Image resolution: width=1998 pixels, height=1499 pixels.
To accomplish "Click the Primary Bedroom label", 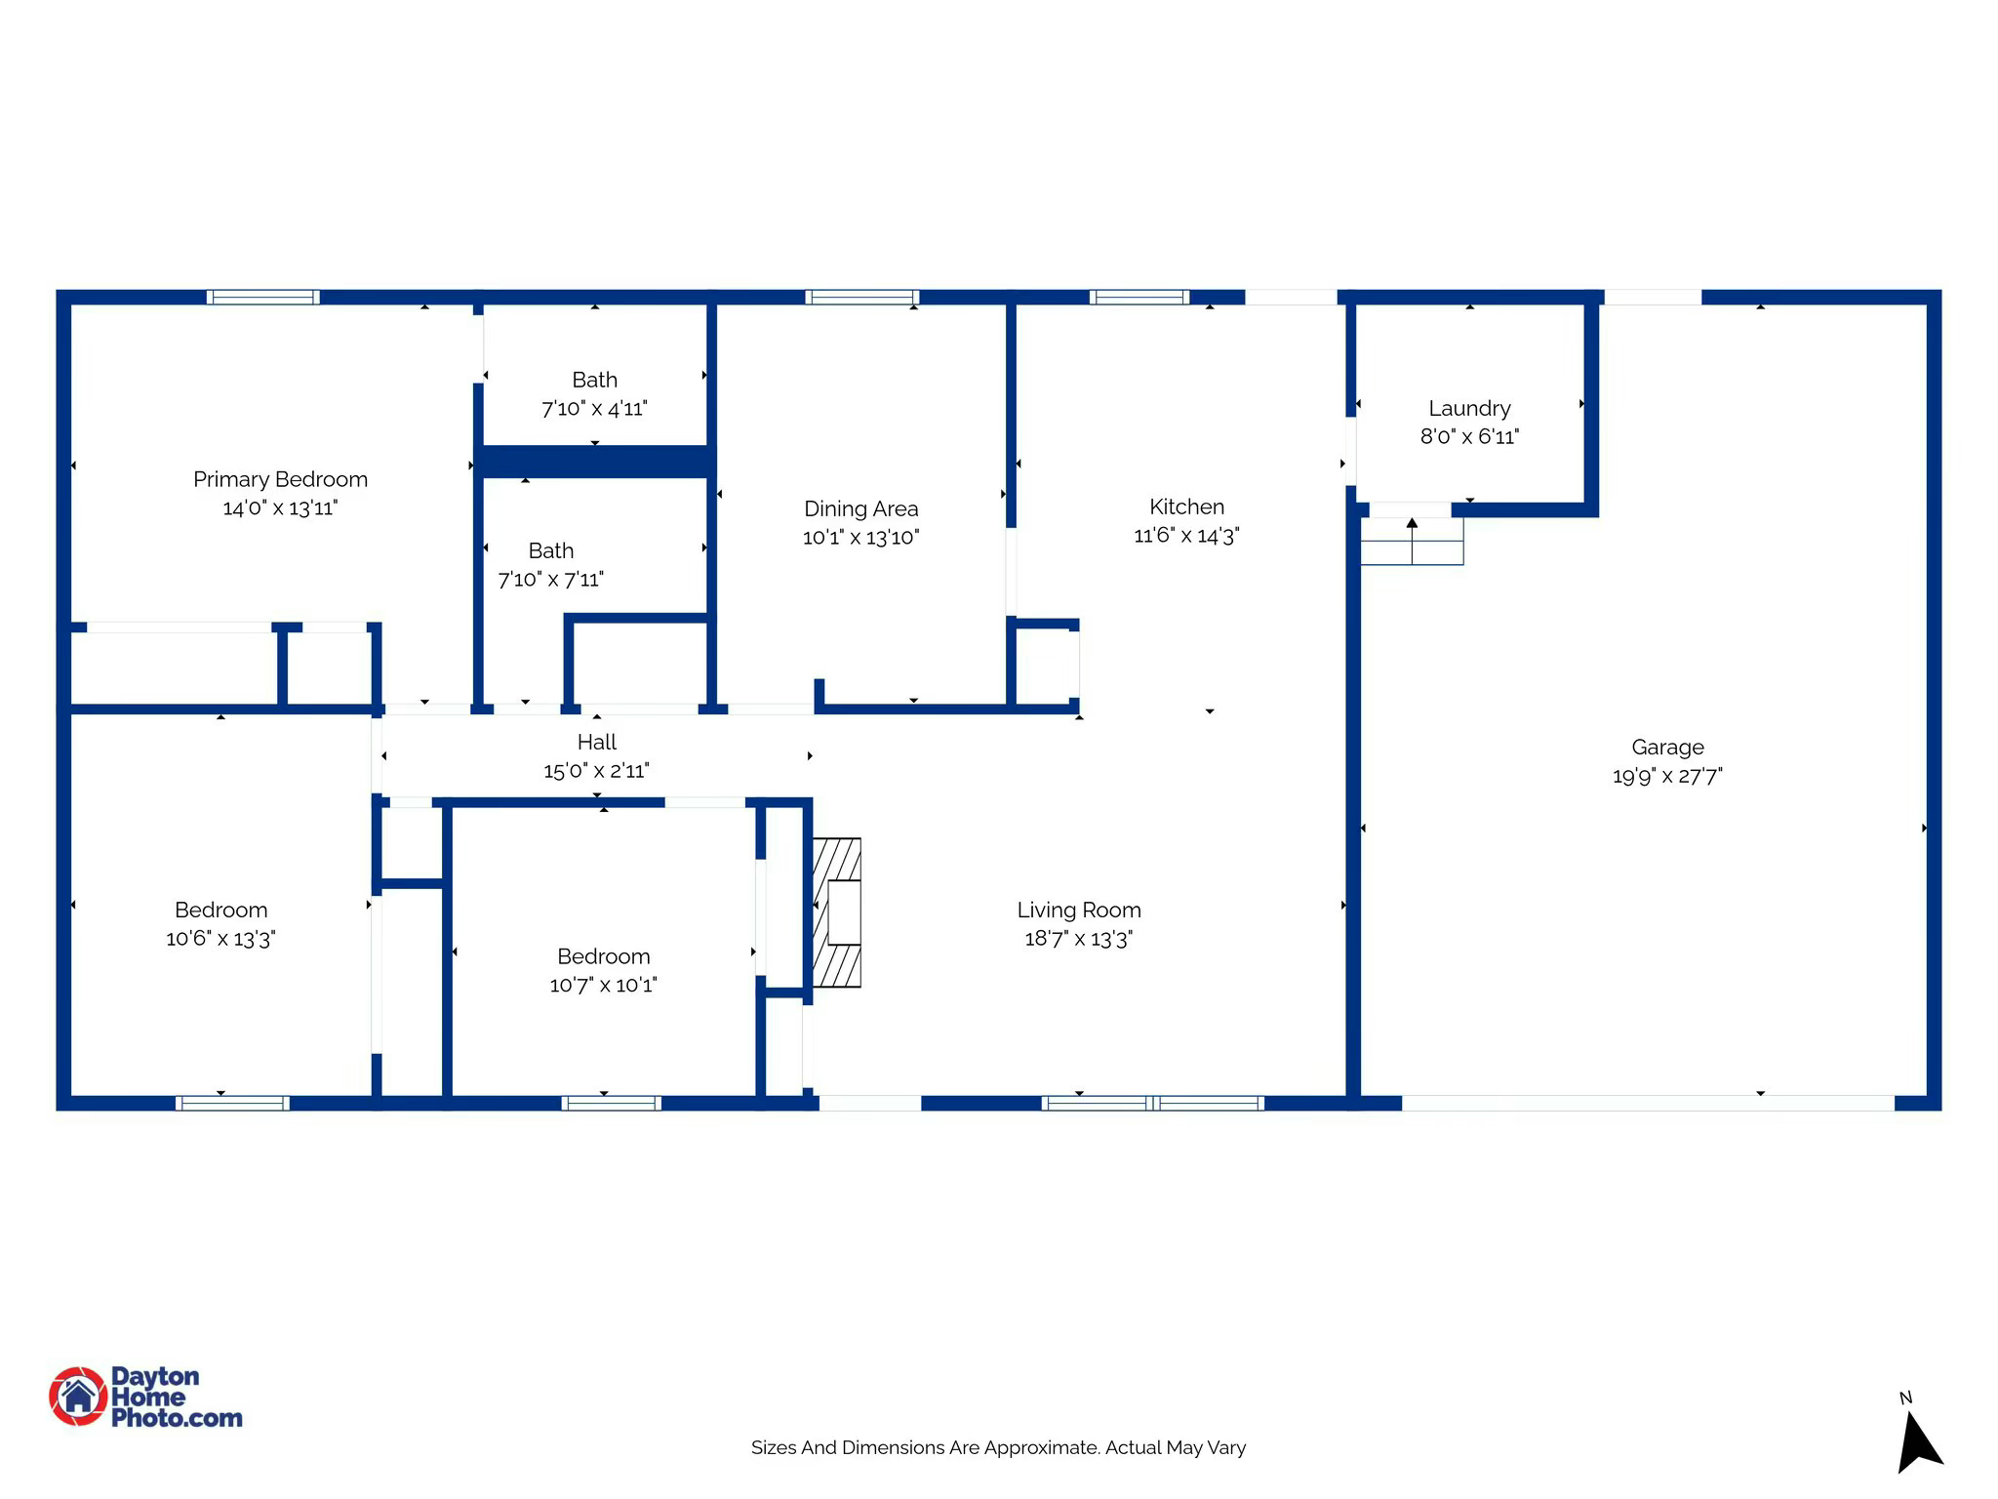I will pos(280,479).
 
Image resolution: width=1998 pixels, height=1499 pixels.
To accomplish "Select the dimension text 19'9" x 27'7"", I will pos(1667,776).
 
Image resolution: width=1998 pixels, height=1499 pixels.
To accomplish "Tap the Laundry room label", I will pos(1469,408).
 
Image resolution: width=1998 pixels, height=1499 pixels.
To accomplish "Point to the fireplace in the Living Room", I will pos(837,912).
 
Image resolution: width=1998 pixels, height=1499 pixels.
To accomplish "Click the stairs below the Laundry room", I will pos(1412,542).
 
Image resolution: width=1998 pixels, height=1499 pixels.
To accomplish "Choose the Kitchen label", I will pos(1186,506).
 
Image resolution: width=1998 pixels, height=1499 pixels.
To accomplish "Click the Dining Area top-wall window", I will pos(861,298).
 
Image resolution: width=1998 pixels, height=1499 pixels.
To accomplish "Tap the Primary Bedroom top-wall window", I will pos(262,298).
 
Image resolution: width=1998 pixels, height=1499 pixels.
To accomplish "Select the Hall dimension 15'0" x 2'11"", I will pos(596,771).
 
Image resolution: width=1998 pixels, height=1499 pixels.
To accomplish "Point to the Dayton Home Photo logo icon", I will pos(78,1397).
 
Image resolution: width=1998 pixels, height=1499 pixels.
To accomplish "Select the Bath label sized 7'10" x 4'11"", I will pos(594,380).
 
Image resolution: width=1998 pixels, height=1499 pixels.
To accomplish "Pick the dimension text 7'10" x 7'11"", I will pos(550,580).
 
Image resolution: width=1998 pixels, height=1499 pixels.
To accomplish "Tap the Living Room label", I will pos(1078,910).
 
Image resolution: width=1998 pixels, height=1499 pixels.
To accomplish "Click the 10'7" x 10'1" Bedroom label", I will pos(603,956).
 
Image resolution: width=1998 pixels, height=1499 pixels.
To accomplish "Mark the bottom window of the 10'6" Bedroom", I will pos(232,1104).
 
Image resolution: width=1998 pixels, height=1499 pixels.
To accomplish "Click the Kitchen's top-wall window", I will pos(1139,298).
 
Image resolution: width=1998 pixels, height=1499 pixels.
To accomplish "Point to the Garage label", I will pos(1667,748).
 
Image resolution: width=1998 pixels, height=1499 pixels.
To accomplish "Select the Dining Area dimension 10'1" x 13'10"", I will pos(860,538).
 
